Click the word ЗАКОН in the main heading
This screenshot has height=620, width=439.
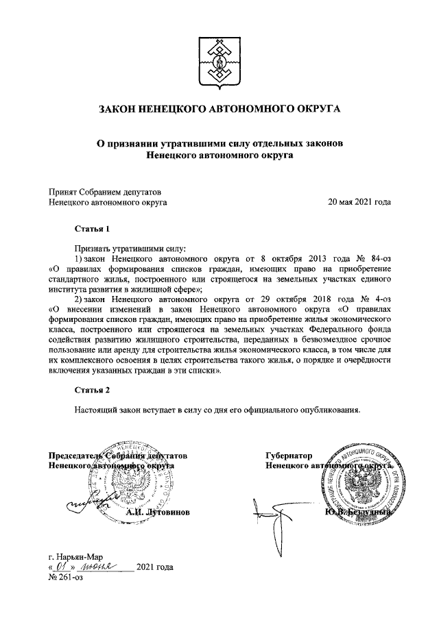[121, 110]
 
